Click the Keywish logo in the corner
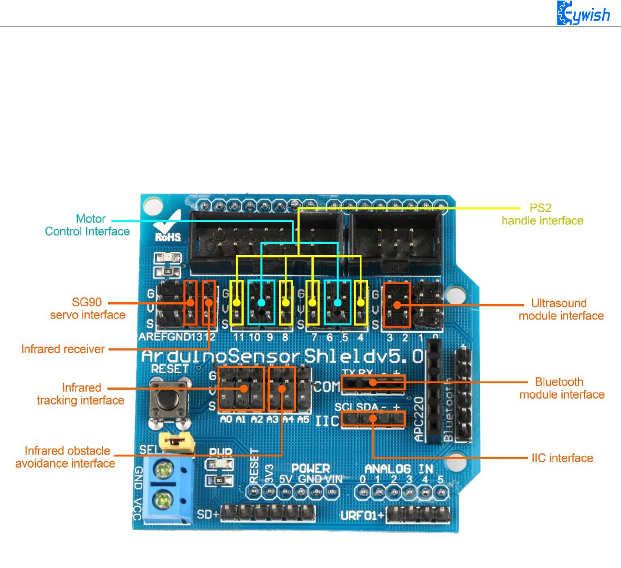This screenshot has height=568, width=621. pyautogui.click(x=583, y=14)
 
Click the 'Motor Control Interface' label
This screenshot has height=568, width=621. pyautogui.click(x=87, y=225)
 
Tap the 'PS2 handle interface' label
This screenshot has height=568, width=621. pyautogui.click(x=542, y=215)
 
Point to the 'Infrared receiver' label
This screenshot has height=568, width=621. pyautogui.click(x=63, y=349)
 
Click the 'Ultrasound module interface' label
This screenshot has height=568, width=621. pyautogui.click(x=561, y=309)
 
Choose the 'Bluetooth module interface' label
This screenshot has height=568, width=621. pyautogui.click(x=561, y=388)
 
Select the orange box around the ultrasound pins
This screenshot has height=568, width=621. pyautogui.click(x=397, y=305)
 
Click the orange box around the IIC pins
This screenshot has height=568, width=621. pyautogui.click(x=373, y=419)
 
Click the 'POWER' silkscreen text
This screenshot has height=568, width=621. pyautogui.click(x=310, y=469)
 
